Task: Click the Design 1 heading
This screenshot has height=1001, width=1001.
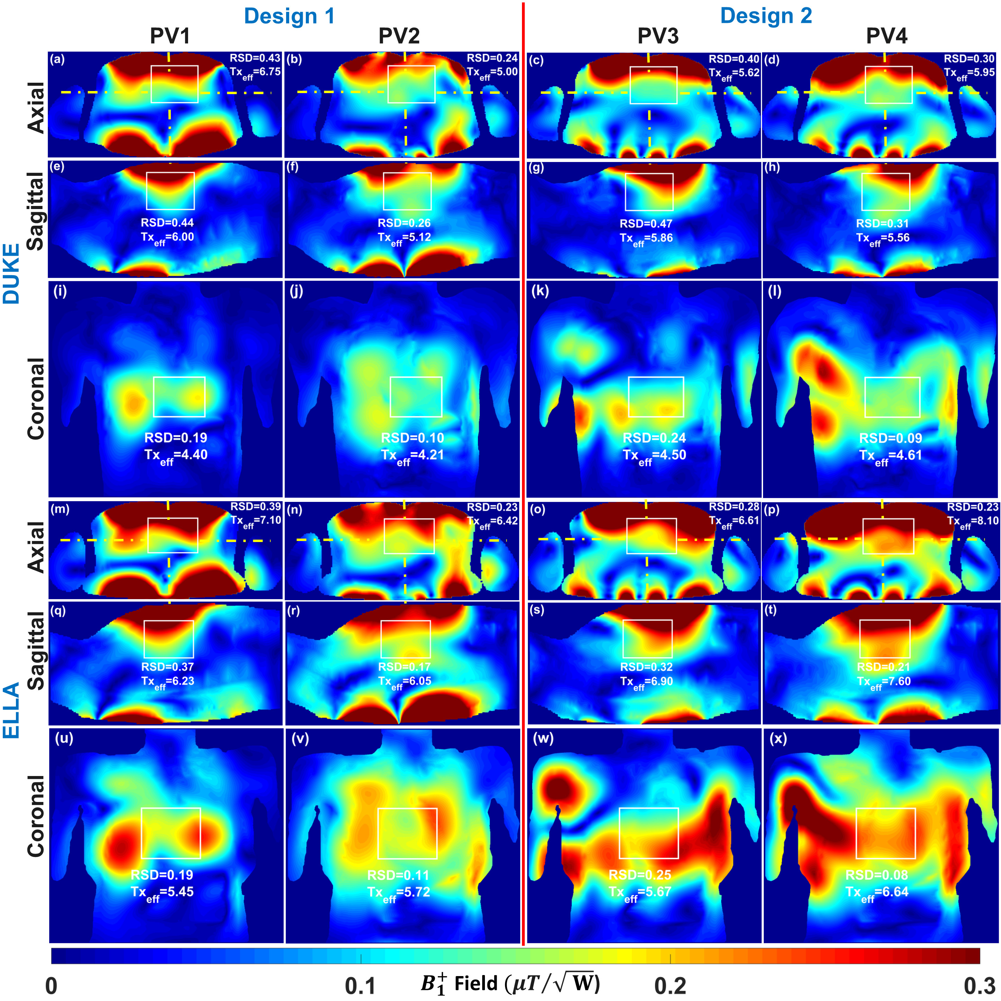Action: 289,16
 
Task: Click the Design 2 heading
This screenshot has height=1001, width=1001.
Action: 766,16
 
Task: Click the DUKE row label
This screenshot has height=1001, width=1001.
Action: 11,273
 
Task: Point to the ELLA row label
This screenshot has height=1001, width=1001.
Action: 11,710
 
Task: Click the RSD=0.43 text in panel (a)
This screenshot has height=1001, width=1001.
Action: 255,58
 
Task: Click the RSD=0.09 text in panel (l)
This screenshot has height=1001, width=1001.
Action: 891,438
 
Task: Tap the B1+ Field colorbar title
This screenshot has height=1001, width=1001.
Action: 510,983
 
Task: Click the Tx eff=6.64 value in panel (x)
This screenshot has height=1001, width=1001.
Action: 877,892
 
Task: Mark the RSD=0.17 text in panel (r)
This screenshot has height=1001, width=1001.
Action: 404,667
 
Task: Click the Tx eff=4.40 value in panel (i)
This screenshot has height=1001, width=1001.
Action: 176,456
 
